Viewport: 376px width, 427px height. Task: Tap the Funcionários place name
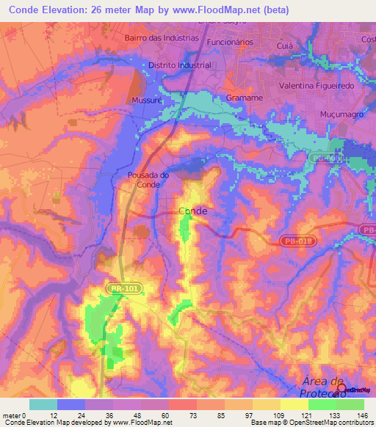pyautogui.click(x=230, y=43)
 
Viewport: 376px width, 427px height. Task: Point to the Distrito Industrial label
pyautogui.click(x=180, y=65)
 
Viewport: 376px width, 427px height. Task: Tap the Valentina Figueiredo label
pyautogui.click(x=317, y=86)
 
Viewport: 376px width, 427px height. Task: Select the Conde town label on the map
pyautogui.click(x=193, y=211)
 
